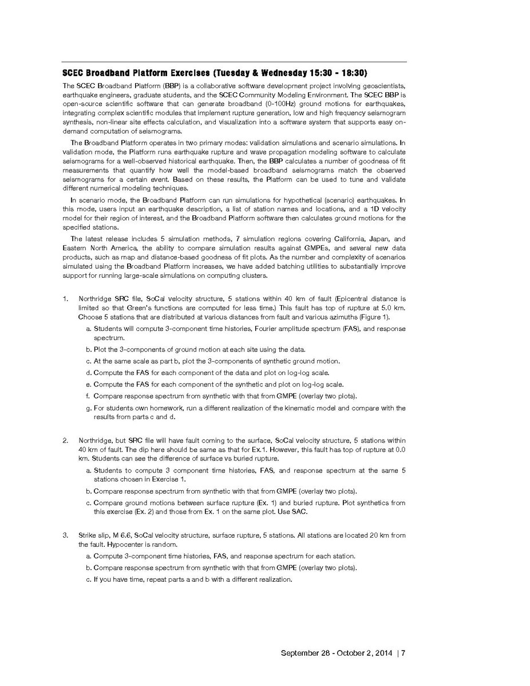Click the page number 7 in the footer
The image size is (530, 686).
403,653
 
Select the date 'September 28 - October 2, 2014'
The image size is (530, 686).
336,653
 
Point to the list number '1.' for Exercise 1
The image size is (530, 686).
66,299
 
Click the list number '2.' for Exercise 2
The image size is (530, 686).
66,440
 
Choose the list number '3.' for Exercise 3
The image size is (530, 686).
66,535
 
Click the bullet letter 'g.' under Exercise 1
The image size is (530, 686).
89,408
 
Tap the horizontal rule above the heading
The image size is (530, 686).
234,62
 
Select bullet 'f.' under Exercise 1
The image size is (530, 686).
89,396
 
